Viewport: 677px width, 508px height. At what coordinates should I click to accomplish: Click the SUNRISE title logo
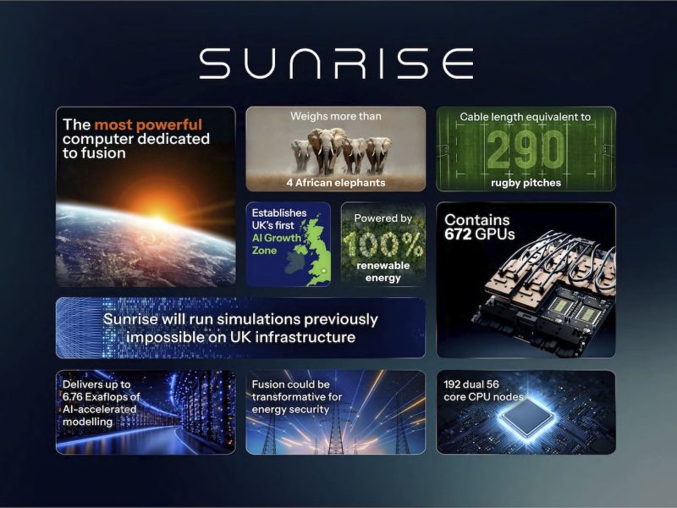coord(336,63)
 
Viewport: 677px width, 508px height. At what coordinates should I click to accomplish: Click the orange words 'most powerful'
coord(148,125)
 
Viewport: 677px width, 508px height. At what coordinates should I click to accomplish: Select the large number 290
coord(526,150)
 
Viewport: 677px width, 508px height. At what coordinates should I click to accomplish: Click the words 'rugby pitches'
coord(526,182)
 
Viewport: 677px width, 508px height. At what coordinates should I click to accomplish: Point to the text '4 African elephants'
coord(335,182)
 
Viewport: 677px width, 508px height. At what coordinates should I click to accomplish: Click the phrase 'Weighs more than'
coord(335,116)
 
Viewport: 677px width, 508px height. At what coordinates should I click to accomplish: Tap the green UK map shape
coord(312,250)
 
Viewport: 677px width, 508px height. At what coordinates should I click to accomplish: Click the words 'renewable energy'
coord(383,271)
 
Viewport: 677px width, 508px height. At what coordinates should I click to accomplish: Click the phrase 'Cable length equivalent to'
coord(526,116)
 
